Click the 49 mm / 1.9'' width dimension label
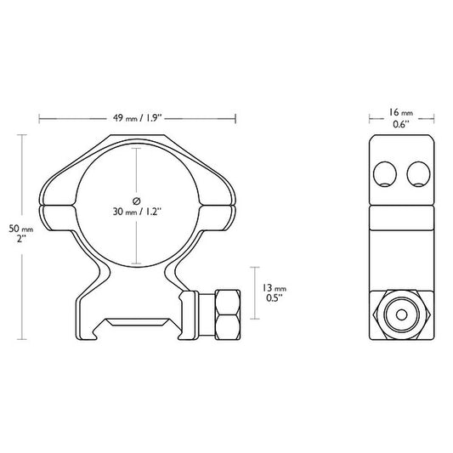pyautogui.click(x=138, y=119)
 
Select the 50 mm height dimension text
pyautogui.click(x=20, y=229)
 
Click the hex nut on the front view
pyautogui.click(x=228, y=314)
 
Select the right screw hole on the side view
pyautogui.click(x=416, y=175)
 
